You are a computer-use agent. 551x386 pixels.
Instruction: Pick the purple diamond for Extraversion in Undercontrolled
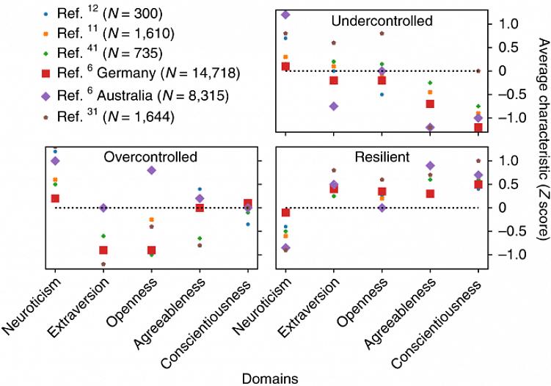(334, 106)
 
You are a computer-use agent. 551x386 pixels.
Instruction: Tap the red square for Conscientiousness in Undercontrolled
(478, 127)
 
